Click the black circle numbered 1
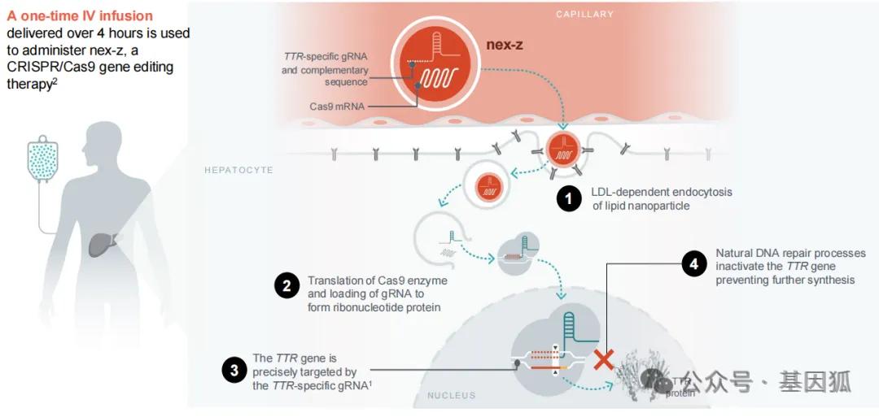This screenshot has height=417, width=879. pyautogui.click(x=569, y=198)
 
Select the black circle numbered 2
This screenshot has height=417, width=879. pyautogui.click(x=286, y=286)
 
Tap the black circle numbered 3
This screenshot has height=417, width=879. pyautogui.click(x=234, y=371)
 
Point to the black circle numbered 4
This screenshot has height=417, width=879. pyautogui.click(x=693, y=265)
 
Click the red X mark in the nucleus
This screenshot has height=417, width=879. pyautogui.click(x=604, y=358)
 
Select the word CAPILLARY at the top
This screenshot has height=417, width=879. pyautogui.click(x=584, y=14)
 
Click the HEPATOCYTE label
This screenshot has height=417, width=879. pyautogui.click(x=238, y=170)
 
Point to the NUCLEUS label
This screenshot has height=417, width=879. pyautogui.click(x=451, y=396)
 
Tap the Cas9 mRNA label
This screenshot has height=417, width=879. pyautogui.click(x=337, y=106)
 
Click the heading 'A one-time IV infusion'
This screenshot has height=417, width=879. pyautogui.click(x=80, y=16)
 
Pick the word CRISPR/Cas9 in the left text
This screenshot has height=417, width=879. pyautogui.click(x=46, y=67)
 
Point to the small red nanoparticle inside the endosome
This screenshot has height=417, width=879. pyautogui.click(x=488, y=185)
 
